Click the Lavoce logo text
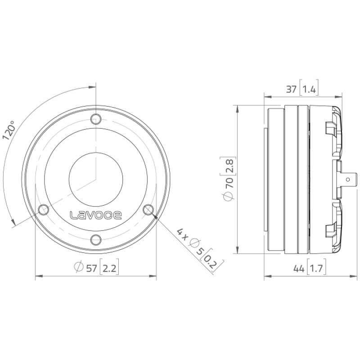pyautogui.click(x=96, y=215)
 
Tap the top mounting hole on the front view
pyautogui.click(x=96, y=119)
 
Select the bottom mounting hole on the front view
pyautogui.click(x=96, y=240)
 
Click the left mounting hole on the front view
pyautogui.click(x=43, y=210)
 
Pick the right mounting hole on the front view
pyautogui.click(x=148, y=210)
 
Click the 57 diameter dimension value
pyautogui.click(x=92, y=268)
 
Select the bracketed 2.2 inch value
pyautogui.click(x=109, y=268)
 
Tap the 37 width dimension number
pyautogui.click(x=291, y=89)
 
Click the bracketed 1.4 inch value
pyautogui.click(x=309, y=89)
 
